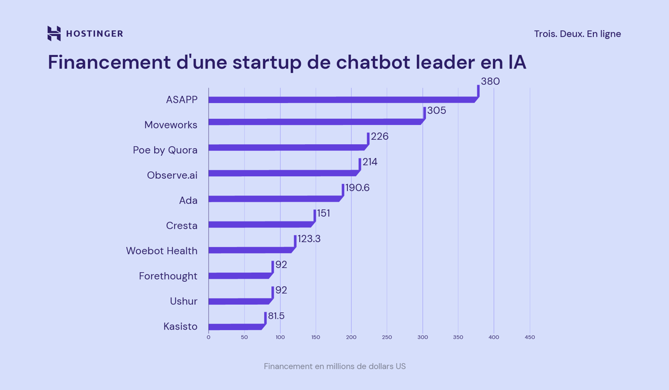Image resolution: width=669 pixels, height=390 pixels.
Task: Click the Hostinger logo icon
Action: tap(54, 34)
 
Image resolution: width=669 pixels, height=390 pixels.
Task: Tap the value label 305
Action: tap(436, 111)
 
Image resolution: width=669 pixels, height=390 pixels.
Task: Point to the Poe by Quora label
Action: tap(165, 150)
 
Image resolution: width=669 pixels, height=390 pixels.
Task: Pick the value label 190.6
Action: tap(357, 188)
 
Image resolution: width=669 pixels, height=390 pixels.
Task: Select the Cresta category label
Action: tap(182, 225)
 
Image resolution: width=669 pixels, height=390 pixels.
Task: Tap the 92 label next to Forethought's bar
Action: tap(281, 265)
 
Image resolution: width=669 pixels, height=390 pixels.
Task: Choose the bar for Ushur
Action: tap(238, 301)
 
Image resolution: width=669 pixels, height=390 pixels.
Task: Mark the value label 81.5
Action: tap(276, 316)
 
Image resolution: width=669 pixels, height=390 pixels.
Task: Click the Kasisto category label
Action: tap(180, 327)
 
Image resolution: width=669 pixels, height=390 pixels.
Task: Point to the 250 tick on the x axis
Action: tap(387, 337)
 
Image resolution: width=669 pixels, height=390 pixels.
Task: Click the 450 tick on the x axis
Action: tap(530, 337)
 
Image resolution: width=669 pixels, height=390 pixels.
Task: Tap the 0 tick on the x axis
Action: tap(208, 337)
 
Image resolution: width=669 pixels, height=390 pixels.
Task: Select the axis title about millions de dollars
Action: tap(335, 366)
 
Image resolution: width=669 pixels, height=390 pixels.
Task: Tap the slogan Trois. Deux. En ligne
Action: tap(577, 34)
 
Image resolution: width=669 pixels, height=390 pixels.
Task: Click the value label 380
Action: tap(490, 81)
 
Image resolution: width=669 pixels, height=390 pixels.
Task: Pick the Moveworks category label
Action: tap(170, 125)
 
